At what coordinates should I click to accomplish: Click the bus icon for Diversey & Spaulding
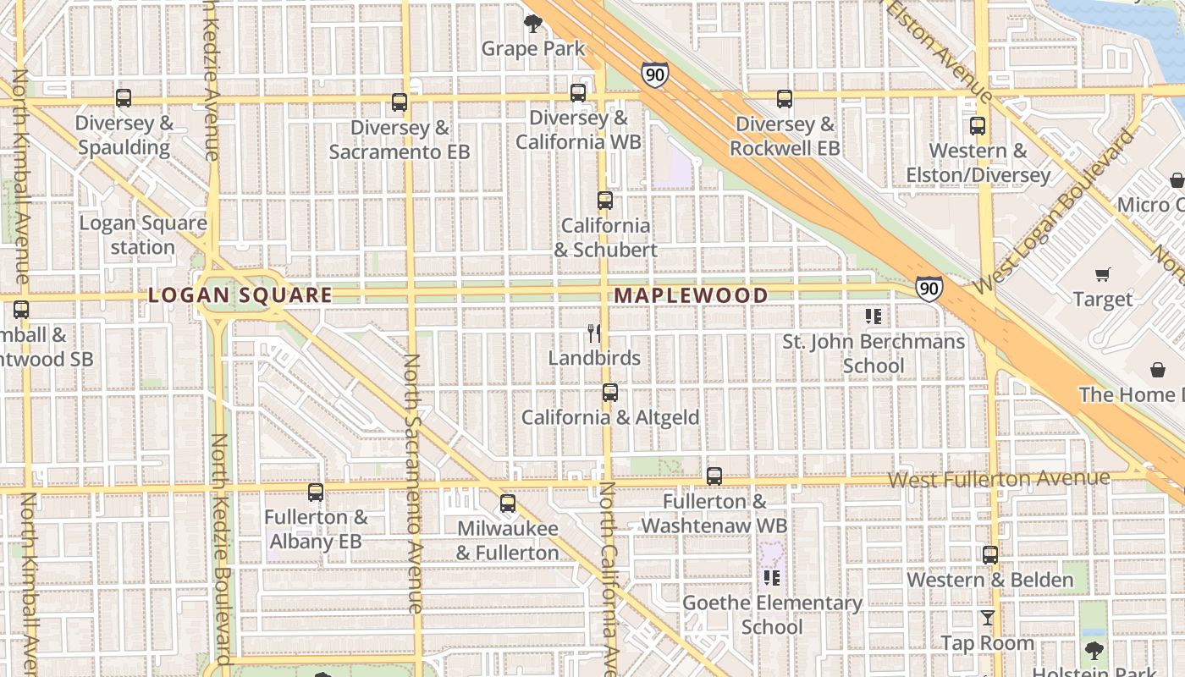point(124,98)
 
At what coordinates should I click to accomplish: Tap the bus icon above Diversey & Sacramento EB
point(400,103)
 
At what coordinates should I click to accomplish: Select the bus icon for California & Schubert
point(605,201)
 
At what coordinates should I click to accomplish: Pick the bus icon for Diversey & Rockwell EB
point(785,99)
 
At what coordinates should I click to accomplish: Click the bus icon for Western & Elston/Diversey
point(978,126)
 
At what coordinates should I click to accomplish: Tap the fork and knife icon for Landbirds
point(594,333)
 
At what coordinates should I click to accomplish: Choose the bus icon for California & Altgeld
point(610,393)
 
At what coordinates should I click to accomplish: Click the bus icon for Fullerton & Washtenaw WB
point(714,476)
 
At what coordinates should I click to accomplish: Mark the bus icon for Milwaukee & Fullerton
point(508,504)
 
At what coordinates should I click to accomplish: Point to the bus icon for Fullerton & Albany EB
point(316,493)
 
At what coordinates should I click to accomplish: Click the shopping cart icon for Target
point(1102,274)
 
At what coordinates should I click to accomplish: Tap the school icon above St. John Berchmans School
point(874,317)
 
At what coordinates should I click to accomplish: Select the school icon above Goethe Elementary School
point(771,578)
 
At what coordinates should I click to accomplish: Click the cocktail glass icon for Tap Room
point(987,618)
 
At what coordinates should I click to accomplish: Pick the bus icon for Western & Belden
point(990,555)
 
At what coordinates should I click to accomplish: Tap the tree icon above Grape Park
point(533,24)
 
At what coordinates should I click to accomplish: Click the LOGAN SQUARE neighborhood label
point(240,295)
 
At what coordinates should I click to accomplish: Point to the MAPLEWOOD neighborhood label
point(691,295)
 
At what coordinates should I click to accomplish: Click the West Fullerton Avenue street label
point(999,479)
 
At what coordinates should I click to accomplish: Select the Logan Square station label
point(143,235)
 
